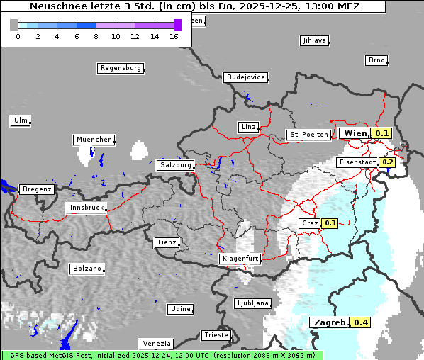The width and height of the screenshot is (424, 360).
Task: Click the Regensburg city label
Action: coord(120,68)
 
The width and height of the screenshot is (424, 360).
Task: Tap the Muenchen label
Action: coord(94,140)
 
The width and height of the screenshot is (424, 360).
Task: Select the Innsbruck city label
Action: coord(87,208)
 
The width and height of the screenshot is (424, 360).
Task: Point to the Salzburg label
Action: coord(176,165)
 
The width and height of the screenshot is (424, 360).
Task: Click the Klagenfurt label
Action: coord(240,259)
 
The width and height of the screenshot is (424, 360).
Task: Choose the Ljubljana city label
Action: coord(253,303)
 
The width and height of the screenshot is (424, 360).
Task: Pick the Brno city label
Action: coord(376,60)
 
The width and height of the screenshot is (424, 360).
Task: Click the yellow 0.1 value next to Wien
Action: coord(382,133)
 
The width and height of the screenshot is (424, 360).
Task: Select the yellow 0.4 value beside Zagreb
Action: coord(362,322)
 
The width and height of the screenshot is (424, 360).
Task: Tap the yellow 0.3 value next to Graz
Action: coord(330,223)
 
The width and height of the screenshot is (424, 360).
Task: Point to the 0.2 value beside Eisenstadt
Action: coord(388,162)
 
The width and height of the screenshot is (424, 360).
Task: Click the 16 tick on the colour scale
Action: coord(174,36)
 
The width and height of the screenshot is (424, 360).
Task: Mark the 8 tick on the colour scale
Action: coord(96,36)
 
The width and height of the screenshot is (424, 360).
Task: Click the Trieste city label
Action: coord(216,334)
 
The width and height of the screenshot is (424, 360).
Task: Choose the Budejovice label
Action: coord(245,77)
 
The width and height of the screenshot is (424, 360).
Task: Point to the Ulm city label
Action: coord(20,120)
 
